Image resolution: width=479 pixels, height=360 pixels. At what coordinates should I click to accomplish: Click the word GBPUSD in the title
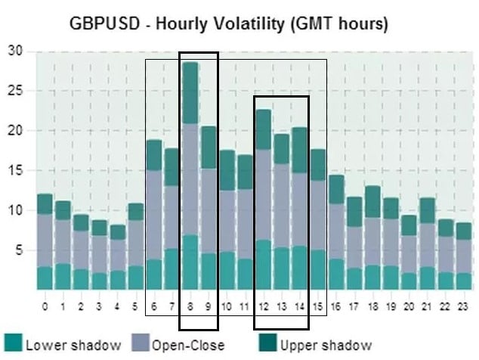(x=105, y=23)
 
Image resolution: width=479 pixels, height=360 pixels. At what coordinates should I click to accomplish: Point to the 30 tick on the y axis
(x=15, y=51)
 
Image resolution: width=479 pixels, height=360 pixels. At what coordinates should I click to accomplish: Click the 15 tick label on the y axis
(x=15, y=170)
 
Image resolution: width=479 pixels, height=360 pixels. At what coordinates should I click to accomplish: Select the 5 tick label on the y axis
(x=19, y=250)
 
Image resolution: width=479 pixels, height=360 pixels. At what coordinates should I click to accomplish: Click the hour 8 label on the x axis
(x=190, y=306)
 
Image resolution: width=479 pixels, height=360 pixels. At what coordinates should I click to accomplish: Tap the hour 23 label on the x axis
(x=462, y=306)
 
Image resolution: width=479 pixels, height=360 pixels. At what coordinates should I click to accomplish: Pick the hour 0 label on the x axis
(x=45, y=306)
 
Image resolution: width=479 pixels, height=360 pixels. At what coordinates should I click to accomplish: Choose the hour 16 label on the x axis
(x=335, y=306)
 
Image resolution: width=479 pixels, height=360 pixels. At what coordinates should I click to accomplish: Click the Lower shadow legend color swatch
(x=14, y=343)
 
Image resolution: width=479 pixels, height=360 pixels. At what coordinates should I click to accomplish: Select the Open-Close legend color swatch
(x=141, y=343)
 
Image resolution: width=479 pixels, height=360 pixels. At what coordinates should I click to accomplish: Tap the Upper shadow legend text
(x=326, y=346)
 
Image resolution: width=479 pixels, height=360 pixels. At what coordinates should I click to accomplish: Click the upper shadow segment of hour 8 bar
(x=190, y=93)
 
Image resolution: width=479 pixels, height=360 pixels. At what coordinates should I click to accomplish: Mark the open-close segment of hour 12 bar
(x=264, y=195)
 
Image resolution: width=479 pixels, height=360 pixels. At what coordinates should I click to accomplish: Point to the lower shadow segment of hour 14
(x=300, y=268)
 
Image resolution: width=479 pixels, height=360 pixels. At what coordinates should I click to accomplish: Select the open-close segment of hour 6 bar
(x=153, y=215)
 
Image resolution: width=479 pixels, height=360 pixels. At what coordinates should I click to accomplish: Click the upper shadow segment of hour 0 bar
(x=45, y=204)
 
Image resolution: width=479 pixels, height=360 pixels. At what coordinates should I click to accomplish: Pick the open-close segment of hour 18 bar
(x=372, y=241)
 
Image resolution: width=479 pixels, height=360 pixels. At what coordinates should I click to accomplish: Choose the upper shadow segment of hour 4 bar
(x=118, y=232)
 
